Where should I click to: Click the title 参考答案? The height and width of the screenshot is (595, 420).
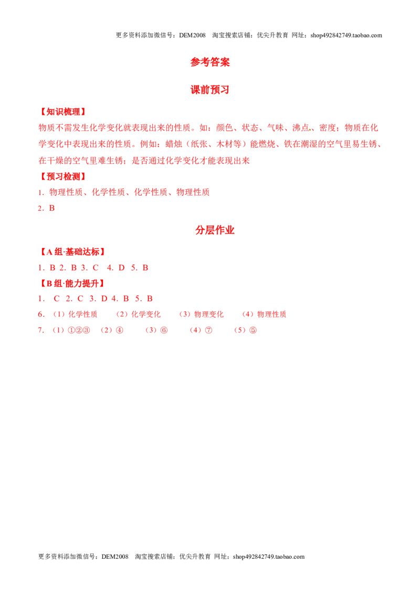(x=210, y=62)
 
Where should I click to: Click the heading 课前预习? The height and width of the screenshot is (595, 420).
(x=210, y=90)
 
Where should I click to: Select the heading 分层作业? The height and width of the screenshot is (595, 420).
(x=215, y=230)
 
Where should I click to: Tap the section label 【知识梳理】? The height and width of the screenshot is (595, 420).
(x=64, y=112)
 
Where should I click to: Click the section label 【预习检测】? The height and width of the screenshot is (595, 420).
(x=64, y=177)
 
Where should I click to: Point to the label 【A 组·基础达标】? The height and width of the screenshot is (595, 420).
(x=72, y=252)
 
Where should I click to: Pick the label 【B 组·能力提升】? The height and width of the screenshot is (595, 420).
(x=72, y=283)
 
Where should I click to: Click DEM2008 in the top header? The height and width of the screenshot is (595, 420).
(x=192, y=35)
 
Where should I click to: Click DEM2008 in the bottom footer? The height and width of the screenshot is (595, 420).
(x=115, y=557)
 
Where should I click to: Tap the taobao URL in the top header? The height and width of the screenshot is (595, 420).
(x=346, y=35)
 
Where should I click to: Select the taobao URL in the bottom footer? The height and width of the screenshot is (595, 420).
(x=269, y=557)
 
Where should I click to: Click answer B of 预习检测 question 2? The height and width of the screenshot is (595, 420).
(x=52, y=208)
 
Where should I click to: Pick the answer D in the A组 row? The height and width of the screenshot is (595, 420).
(x=122, y=268)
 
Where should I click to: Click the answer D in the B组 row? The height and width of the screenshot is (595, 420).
(x=104, y=299)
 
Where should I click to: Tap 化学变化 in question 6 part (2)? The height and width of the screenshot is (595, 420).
(x=146, y=314)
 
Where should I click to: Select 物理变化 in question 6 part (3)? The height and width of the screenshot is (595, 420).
(x=209, y=314)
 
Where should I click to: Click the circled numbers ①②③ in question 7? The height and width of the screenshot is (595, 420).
(x=79, y=330)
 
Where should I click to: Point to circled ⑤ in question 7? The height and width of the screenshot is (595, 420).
(x=253, y=330)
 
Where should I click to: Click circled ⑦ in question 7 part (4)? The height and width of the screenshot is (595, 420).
(x=208, y=330)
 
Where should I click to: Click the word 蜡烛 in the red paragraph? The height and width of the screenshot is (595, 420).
(x=174, y=144)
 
